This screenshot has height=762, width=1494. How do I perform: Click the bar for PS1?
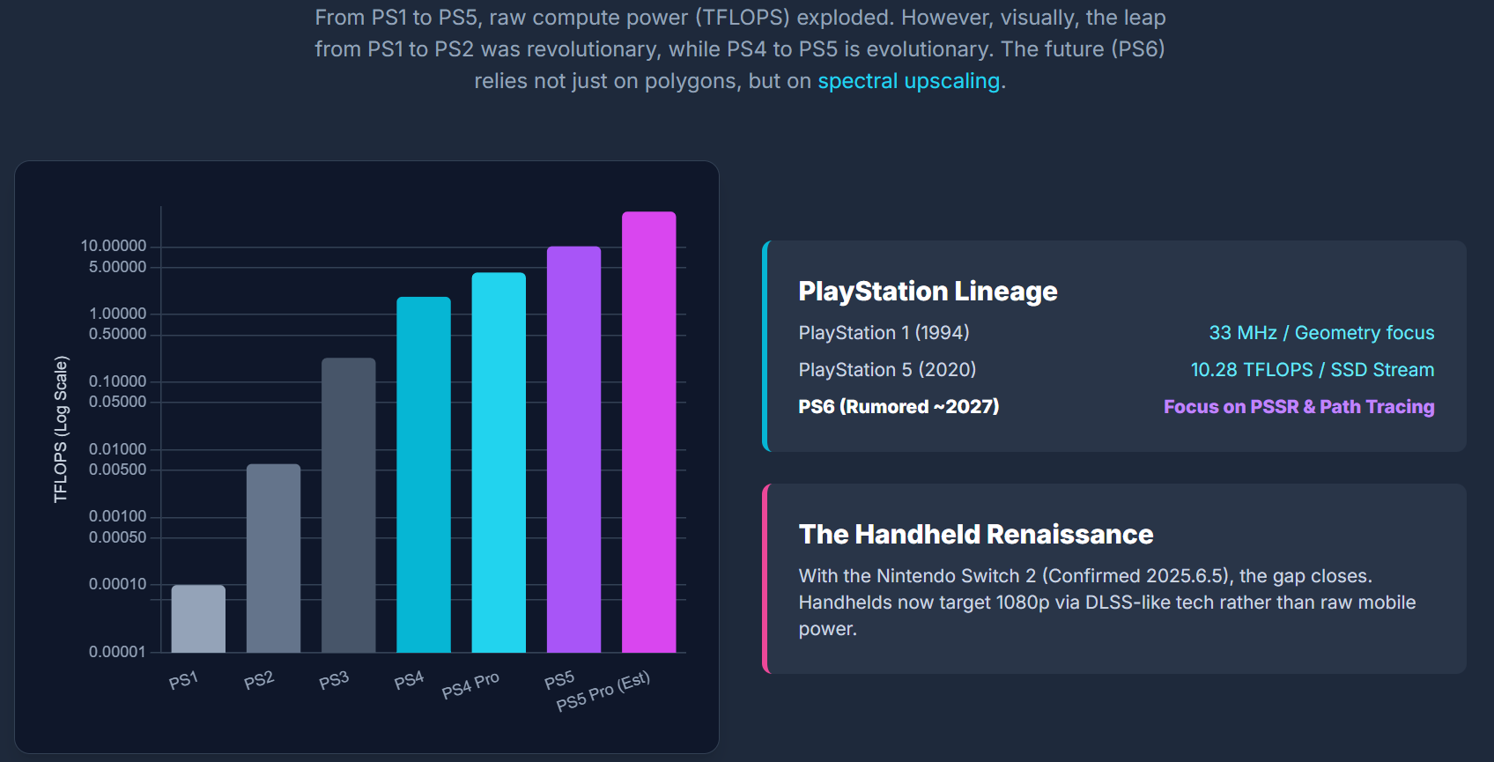[x=198, y=618]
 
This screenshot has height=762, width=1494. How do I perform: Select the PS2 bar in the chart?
[x=273, y=558]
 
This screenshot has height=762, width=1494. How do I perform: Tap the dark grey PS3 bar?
[x=348, y=505]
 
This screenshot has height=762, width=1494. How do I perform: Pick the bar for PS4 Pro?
[x=499, y=462]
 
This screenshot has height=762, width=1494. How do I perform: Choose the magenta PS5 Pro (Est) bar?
[x=648, y=432]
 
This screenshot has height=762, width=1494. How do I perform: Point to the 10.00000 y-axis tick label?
[x=114, y=246]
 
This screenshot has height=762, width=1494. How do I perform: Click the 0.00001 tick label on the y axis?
[x=117, y=652]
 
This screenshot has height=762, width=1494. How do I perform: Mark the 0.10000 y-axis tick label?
[x=117, y=381]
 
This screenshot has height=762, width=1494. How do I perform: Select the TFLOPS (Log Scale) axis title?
[x=61, y=429]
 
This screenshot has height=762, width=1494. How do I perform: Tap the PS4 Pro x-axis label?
[x=470, y=684]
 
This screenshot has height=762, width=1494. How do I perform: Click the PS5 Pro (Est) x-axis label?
[x=603, y=691]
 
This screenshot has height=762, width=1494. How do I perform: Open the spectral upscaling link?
[x=908, y=81]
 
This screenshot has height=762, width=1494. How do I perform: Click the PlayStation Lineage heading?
[x=928, y=292]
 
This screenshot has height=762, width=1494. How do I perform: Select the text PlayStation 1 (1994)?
[x=884, y=333]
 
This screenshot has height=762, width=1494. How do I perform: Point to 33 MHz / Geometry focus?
[x=1321, y=333]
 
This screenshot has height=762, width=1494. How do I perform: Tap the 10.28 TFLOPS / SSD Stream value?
[x=1312, y=370]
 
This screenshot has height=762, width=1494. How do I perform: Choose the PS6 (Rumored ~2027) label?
[x=899, y=407]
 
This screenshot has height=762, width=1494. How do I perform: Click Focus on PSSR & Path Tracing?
[x=1298, y=407]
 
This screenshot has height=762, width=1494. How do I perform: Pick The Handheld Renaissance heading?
[x=976, y=535]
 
